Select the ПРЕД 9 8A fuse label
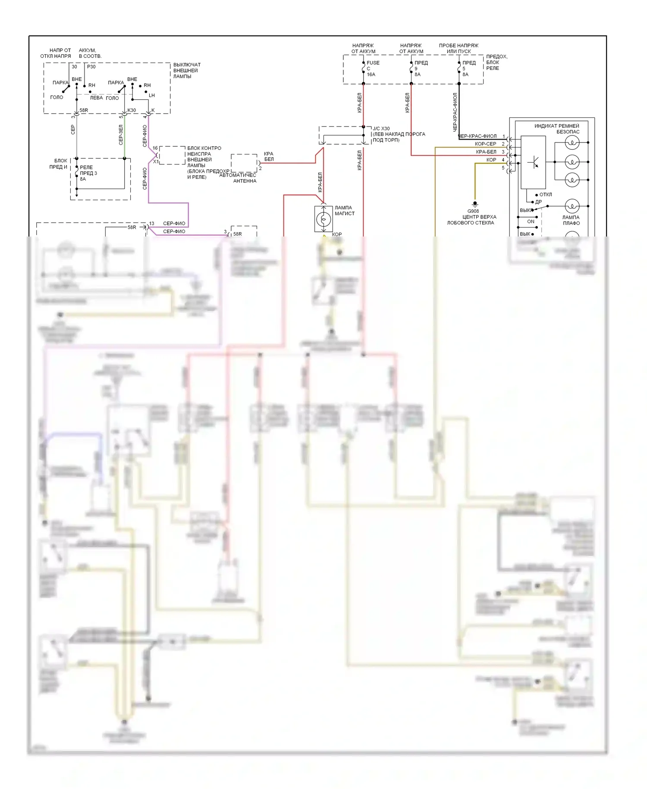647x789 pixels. (x=420, y=68)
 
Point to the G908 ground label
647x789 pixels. (x=473, y=211)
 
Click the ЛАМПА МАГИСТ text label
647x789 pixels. (x=344, y=210)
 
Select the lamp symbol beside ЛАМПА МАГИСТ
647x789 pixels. (x=323, y=219)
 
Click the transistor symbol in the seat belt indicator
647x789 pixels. (x=534, y=162)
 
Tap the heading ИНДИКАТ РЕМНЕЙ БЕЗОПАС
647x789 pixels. (x=557, y=129)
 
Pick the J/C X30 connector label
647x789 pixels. (x=381, y=129)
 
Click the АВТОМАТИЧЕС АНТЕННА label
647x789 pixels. (x=238, y=178)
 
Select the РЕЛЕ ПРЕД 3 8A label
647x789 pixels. (x=88, y=173)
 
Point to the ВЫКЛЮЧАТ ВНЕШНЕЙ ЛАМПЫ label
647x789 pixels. (x=187, y=70)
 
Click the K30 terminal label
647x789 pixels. (x=132, y=110)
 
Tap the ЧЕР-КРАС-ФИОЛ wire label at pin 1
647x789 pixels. (x=477, y=136)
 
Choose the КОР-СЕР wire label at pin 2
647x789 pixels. (x=485, y=144)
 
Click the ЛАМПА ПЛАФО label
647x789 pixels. (x=571, y=220)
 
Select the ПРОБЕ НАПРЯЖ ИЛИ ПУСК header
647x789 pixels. (x=459, y=48)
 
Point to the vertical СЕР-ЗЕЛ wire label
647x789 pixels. (x=121, y=135)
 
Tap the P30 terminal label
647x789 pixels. (x=91, y=66)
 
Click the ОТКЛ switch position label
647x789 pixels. (x=546, y=194)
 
